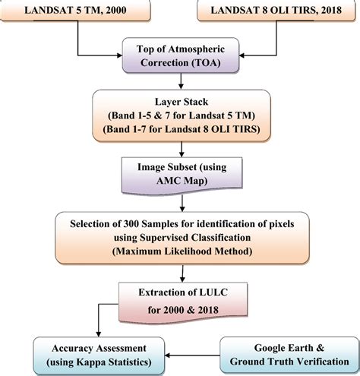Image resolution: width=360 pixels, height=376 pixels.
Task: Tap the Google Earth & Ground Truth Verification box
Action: (287, 351)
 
